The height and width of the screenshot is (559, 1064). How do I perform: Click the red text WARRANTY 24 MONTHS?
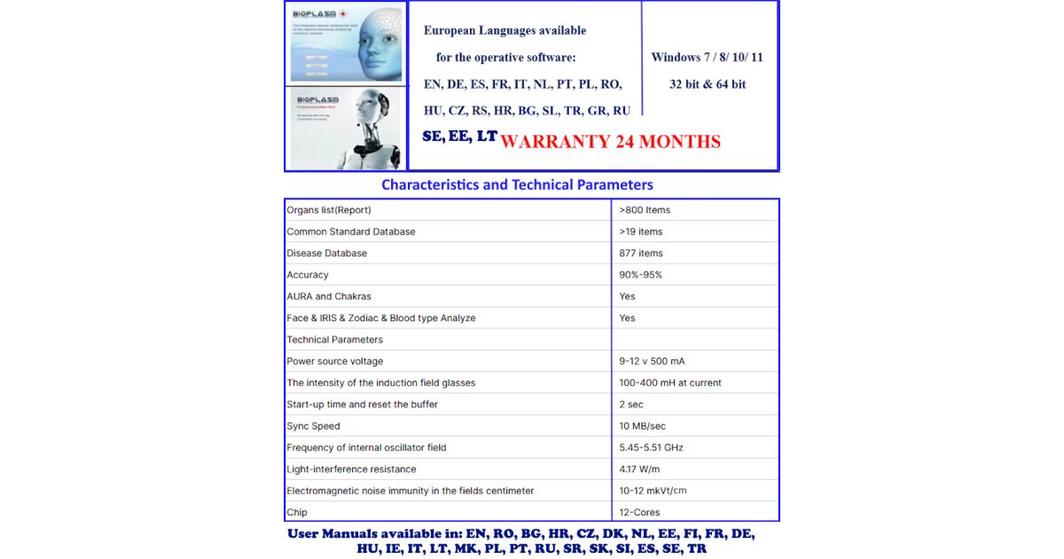[x=610, y=142]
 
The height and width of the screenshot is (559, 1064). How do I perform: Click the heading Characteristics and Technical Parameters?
[x=517, y=185]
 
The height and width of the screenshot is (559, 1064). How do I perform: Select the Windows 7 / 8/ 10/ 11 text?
[x=707, y=58]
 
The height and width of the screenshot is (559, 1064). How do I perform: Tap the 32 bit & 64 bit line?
[x=707, y=84]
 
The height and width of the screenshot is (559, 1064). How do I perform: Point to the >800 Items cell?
[x=645, y=210]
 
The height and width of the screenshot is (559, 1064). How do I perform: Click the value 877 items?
[x=641, y=253]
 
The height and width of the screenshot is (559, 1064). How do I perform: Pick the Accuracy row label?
[x=308, y=275]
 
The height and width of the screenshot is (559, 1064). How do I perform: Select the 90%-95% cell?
[x=640, y=275]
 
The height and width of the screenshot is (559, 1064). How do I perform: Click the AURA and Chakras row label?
[x=329, y=296]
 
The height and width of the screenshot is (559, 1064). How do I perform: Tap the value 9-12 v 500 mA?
[x=652, y=361]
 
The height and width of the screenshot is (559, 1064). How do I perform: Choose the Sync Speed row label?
[x=313, y=426]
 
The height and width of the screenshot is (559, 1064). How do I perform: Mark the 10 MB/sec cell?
[x=642, y=426]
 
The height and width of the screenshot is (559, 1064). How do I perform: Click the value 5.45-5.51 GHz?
[x=651, y=447]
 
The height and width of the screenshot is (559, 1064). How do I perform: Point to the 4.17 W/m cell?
[x=639, y=469]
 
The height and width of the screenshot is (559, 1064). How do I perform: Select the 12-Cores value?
[x=639, y=512]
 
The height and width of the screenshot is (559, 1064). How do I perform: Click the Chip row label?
[x=297, y=512]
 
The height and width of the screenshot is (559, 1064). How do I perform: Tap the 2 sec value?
[x=631, y=405]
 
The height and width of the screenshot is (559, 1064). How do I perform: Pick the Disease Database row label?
[x=327, y=253]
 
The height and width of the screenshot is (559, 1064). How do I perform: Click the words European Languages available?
[x=505, y=30]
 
